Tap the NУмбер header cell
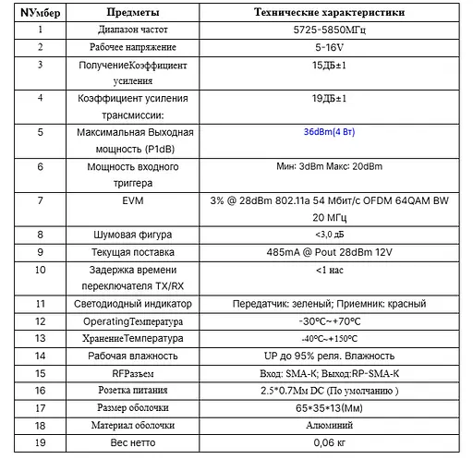coord(40,13)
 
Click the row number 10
coord(40,270)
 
